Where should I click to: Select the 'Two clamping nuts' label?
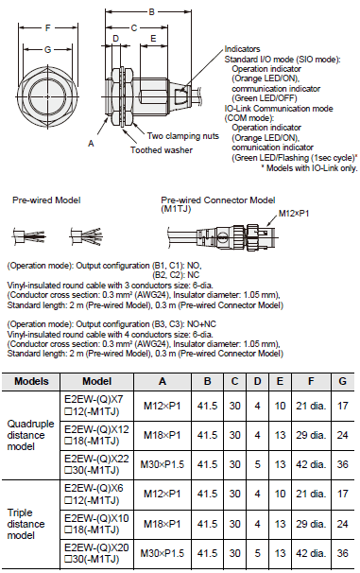(180, 135)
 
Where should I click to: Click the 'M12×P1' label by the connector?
(296, 214)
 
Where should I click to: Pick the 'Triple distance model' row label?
(32, 521)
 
